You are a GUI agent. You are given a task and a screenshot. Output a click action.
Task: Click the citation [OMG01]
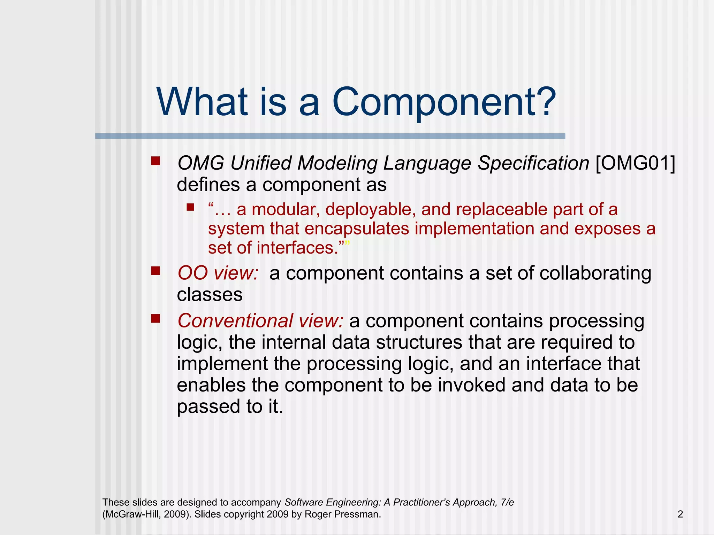point(635,163)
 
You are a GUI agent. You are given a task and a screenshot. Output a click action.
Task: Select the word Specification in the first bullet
point(533,163)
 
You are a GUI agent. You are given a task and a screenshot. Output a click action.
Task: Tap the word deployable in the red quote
point(370,210)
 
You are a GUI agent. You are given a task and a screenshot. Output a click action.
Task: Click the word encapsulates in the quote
point(359,229)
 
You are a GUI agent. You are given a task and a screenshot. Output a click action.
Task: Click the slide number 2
point(680,514)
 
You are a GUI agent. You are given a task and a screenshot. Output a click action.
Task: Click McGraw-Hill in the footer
point(132,514)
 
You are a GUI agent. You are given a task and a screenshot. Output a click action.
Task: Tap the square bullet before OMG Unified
point(155,161)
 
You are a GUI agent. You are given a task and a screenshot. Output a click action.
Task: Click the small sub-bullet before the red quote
point(190,208)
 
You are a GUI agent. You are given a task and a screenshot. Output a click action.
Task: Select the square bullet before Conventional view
point(155,318)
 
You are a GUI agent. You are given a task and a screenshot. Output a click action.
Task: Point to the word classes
point(210,295)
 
